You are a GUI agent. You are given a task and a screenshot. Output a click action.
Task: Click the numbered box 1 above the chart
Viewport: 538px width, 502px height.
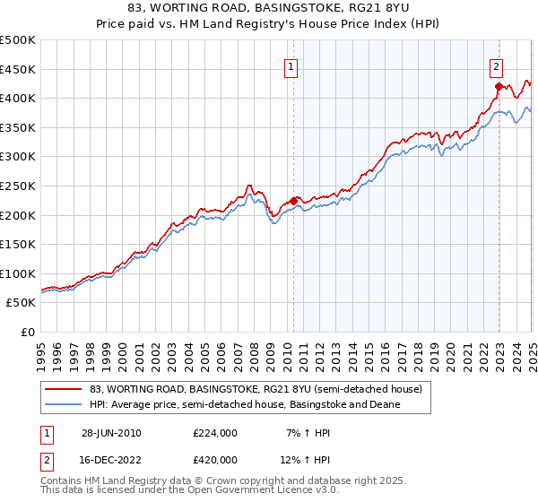(x=292, y=66)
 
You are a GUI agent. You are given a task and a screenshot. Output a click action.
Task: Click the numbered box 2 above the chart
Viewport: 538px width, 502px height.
(x=496, y=65)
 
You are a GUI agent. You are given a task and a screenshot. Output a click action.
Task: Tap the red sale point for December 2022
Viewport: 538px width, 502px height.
(x=499, y=87)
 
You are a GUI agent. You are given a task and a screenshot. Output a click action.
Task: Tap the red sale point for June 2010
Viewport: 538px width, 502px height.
(x=294, y=201)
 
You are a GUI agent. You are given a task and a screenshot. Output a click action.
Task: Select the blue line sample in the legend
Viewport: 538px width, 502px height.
(x=64, y=404)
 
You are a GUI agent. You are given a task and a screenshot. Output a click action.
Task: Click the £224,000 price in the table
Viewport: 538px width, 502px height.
(x=214, y=433)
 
